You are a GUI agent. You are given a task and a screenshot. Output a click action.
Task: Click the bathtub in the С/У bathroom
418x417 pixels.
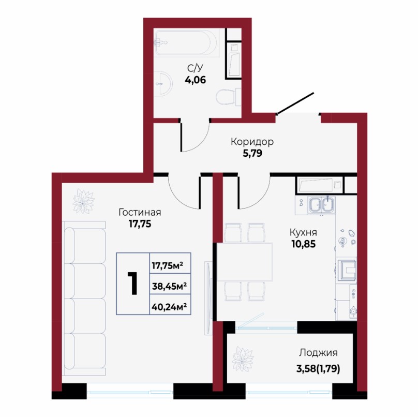[187, 43]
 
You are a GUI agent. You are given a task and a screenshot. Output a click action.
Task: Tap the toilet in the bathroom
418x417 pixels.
[229, 97]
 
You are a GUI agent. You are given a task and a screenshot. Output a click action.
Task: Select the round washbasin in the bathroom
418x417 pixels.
[163, 83]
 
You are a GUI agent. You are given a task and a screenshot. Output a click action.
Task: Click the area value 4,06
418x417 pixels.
[196, 80]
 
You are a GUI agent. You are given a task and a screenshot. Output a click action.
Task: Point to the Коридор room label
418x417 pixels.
[252, 142]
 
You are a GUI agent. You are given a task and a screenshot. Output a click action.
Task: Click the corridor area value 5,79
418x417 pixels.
[252, 153]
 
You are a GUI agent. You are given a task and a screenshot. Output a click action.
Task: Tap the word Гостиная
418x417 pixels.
[140, 213]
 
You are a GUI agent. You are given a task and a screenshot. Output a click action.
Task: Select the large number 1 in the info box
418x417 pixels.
[132, 283]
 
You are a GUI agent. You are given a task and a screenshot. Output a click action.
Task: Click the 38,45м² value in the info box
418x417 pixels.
[169, 286]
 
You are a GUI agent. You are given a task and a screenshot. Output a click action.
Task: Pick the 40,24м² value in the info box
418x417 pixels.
[169, 307]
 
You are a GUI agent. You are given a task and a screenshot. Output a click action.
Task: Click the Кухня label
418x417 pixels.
[303, 233]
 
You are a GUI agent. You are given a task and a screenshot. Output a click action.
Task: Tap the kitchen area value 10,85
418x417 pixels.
[303, 244]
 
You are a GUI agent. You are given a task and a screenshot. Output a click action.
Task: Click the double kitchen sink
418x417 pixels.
[321, 205]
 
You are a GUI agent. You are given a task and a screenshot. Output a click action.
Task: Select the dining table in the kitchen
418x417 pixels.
[245, 262]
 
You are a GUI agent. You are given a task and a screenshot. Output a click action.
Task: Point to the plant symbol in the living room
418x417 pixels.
[84, 202]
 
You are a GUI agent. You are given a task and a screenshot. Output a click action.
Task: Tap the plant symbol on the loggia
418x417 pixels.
[242, 359]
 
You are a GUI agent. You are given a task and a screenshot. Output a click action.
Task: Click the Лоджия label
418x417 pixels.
[318, 353]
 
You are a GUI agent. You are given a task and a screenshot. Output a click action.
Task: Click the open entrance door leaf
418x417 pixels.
[295, 103]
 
